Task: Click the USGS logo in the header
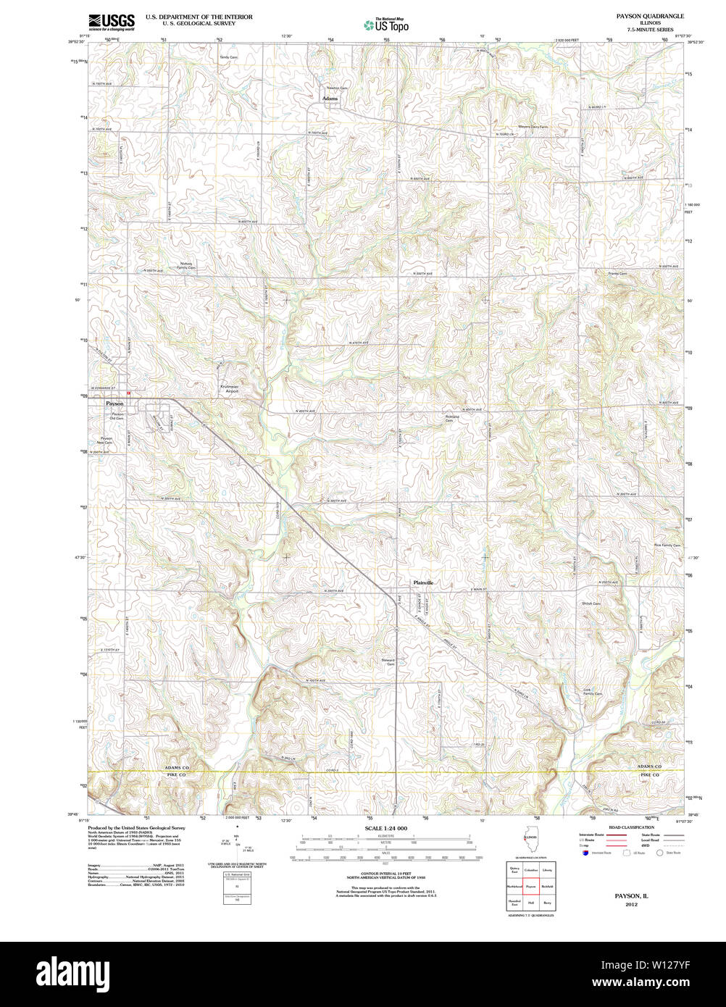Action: click(111, 22)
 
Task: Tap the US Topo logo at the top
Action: click(386, 25)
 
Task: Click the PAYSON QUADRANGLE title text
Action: click(650, 16)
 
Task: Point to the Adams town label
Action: click(330, 98)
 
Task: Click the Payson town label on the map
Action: click(114, 403)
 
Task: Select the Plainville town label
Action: click(423, 582)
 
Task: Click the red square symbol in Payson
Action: click(128, 393)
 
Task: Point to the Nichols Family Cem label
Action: click(187, 265)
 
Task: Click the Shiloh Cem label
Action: click(591, 603)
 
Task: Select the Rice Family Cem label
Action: click(667, 545)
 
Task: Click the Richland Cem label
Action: click(454, 418)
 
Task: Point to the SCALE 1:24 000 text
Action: click(385, 828)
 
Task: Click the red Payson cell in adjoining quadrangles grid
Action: click(530, 885)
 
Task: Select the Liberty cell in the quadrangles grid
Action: click(547, 869)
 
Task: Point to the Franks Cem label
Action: click(617, 274)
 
